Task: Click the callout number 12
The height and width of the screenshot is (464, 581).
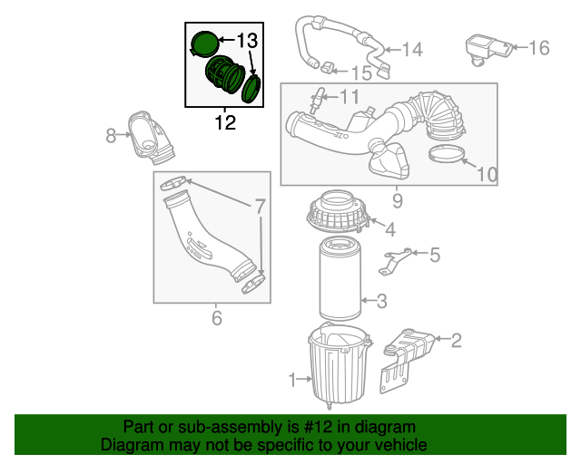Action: (225, 122)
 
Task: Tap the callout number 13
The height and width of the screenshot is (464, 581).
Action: (247, 41)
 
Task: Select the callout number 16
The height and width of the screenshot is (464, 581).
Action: (538, 48)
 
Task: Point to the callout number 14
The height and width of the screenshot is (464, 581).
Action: (411, 50)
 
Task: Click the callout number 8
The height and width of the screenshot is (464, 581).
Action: (111, 136)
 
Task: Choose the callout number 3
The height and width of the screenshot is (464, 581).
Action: (382, 301)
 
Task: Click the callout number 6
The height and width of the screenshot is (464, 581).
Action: (216, 317)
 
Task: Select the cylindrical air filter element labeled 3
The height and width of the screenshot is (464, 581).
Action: (340, 281)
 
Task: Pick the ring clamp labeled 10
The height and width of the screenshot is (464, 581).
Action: (447, 153)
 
